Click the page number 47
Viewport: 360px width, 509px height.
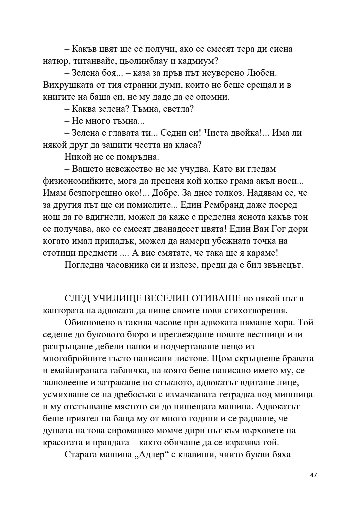pos(313,475)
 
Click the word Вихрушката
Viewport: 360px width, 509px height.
pos(66,85)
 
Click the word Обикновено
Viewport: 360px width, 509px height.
pos(91,322)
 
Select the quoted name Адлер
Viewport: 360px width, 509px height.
pos(149,454)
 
